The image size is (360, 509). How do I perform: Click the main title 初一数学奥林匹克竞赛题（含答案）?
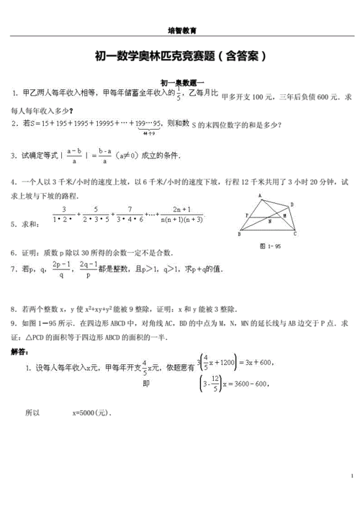tap(181, 55)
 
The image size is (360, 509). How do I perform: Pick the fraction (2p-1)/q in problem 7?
tap(63, 270)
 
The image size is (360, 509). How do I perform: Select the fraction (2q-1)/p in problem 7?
tap(90, 270)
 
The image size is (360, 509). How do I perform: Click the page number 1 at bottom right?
tap(350, 477)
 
